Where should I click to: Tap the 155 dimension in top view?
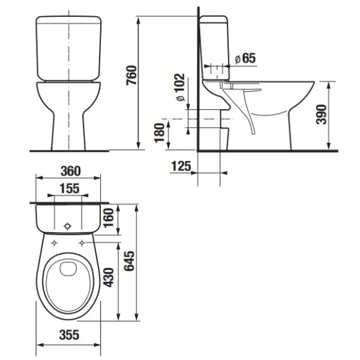click(69, 188)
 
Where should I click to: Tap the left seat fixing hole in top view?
click(55, 244)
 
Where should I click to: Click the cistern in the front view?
click(67, 48)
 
